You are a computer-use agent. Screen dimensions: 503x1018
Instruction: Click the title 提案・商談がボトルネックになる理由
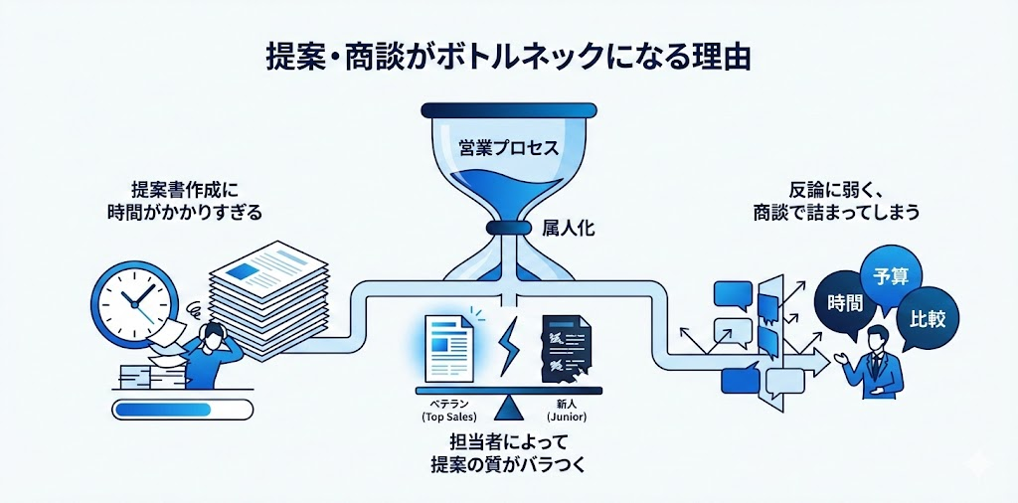509,55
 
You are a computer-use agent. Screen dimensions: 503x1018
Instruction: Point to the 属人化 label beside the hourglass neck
568,228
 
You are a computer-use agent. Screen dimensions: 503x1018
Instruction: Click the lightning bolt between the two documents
508,344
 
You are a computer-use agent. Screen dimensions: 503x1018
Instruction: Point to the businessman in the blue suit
875,364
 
